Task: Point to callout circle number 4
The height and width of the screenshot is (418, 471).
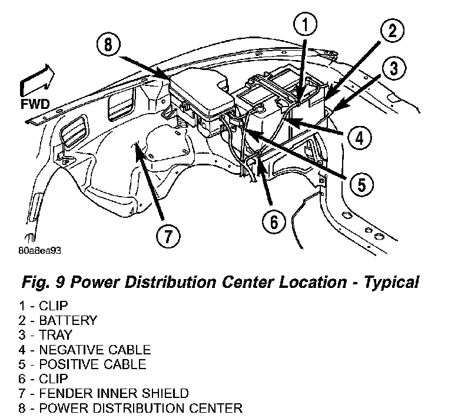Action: [359, 137]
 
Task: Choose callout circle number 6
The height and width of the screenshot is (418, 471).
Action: [274, 222]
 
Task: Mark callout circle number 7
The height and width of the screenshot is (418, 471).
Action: [168, 235]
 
